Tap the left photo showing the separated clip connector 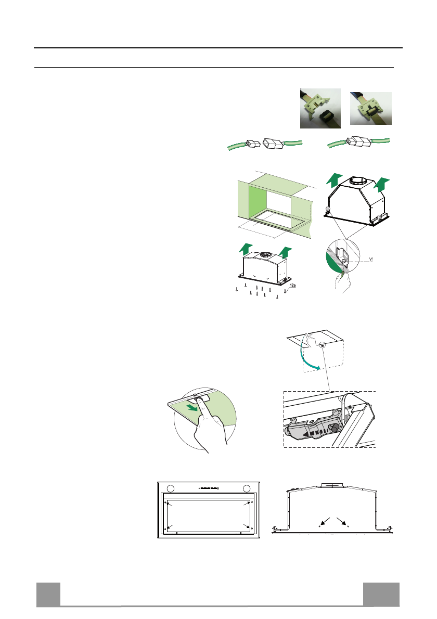click(320, 108)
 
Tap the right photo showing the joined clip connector click(370, 108)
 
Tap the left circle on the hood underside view click(171, 488)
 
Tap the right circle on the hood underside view click(247, 488)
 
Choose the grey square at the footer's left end click(48, 594)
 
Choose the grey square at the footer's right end click(381, 594)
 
